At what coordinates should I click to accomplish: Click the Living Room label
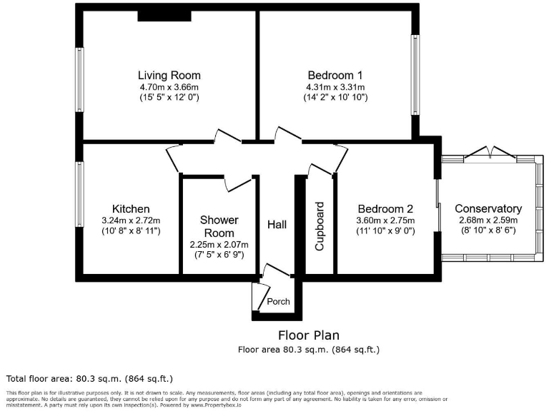pos(169,75)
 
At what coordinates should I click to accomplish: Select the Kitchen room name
pos(131,209)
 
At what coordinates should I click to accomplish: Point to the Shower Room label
pos(219,226)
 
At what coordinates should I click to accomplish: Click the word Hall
pos(277,225)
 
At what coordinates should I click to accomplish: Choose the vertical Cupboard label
pos(320,227)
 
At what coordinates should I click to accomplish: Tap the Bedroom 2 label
pos(385,209)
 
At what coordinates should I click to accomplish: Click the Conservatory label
pos(488,209)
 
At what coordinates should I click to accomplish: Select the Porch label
pos(278,301)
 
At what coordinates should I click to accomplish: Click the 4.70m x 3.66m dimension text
pos(169,86)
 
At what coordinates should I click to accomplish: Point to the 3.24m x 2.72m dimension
pos(131,220)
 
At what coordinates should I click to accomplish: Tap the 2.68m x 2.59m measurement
pos(488,220)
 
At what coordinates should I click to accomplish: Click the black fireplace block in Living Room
pos(164,16)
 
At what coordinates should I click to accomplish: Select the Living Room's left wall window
pos(80,74)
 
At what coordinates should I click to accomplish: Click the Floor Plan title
pos(308,335)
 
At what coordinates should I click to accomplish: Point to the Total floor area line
pos(89,378)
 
